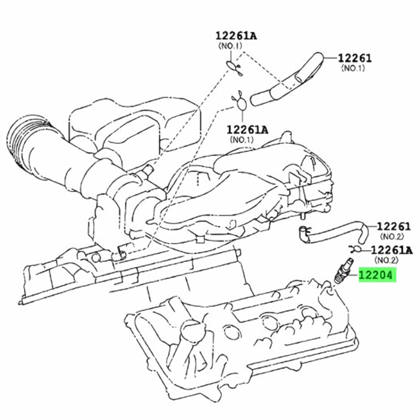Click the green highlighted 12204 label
[x=377, y=275]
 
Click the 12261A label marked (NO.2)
[x=392, y=250]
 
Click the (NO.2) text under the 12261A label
[x=386, y=260]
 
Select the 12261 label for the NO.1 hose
[x=355, y=58]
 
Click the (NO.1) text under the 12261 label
[x=353, y=68]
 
